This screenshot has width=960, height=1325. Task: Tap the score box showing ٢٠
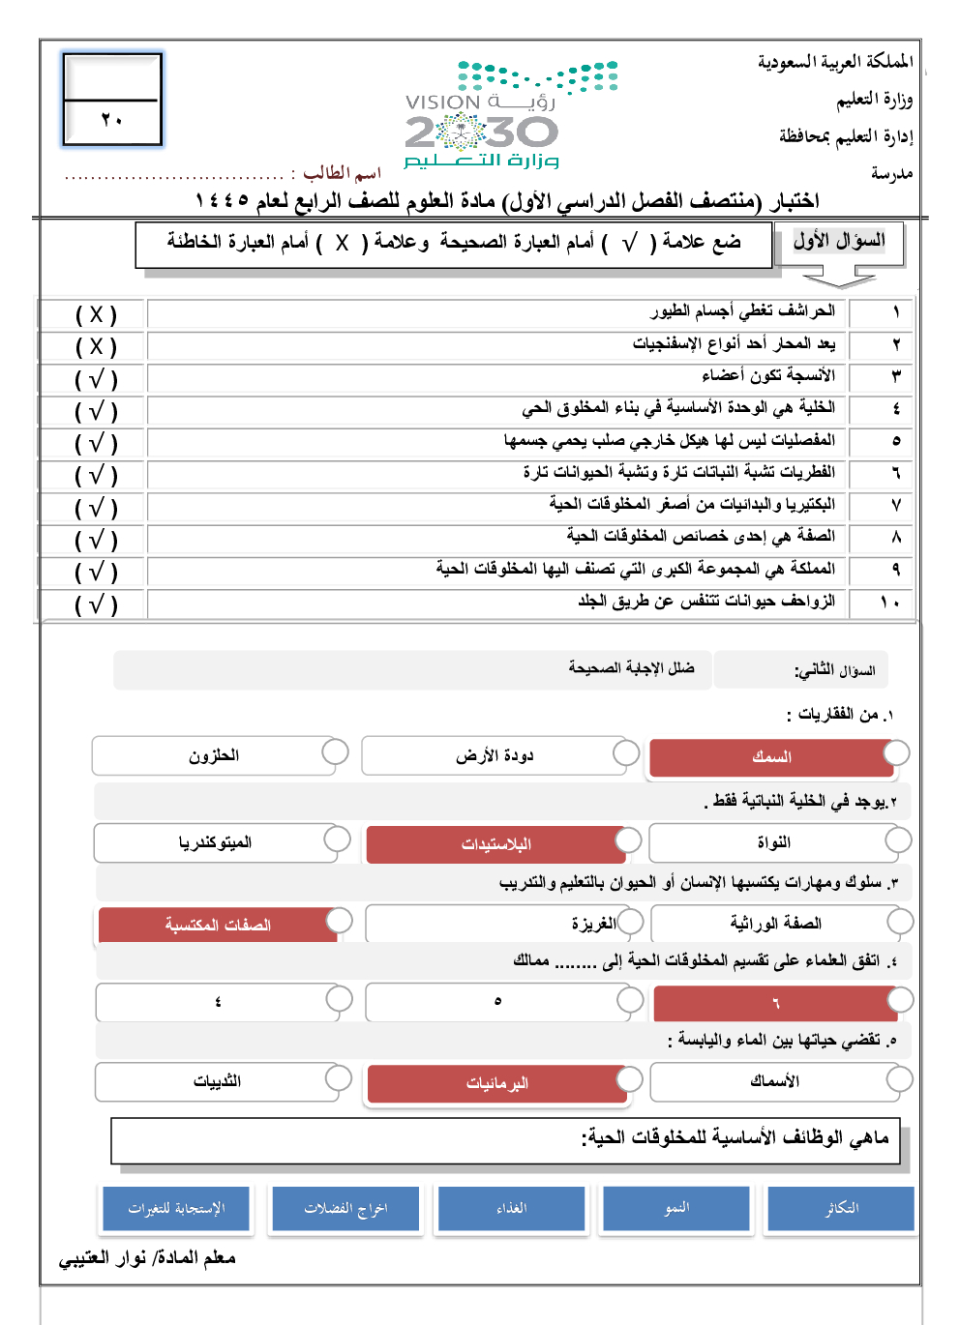pos(112,100)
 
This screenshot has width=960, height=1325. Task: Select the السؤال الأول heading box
pos(839,242)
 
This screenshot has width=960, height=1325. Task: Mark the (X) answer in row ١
pos(96,314)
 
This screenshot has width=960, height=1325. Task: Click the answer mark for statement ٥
pos(96,443)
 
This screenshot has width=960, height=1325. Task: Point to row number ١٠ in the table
pos(890,602)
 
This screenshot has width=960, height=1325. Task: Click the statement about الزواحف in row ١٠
pos(706,602)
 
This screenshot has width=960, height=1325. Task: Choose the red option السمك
pos(771,757)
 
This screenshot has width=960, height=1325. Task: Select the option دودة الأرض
pos(495,756)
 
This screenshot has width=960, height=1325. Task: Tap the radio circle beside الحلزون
pos(335,751)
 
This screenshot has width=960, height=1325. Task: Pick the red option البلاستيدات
pos(496,844)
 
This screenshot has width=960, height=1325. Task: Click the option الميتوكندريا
pos(215,843)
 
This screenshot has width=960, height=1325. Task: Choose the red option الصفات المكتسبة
pos(218,926)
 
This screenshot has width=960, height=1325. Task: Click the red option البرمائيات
pos(497,1084)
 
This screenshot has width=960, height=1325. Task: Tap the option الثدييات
pos(217,1082)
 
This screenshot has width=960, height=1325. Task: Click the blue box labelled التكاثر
pos(841,1209)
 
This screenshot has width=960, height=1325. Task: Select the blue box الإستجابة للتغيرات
pos(176,1209)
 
